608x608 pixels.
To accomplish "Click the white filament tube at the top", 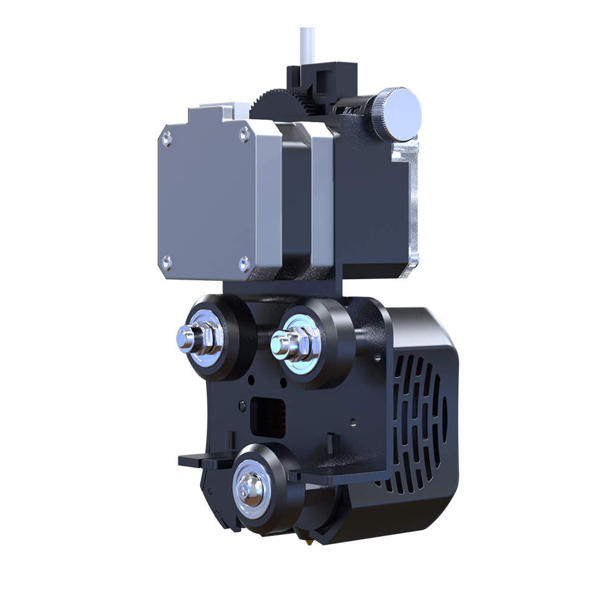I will coord(306,46).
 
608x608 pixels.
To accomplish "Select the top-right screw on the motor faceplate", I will coord(244,133).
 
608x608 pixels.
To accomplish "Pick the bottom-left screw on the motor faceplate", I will coord(167,263).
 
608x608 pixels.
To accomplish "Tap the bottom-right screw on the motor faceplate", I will coord(244,263).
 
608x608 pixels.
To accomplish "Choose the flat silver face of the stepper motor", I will coord(207,198).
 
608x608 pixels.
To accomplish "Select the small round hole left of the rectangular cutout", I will coord(243,406).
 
